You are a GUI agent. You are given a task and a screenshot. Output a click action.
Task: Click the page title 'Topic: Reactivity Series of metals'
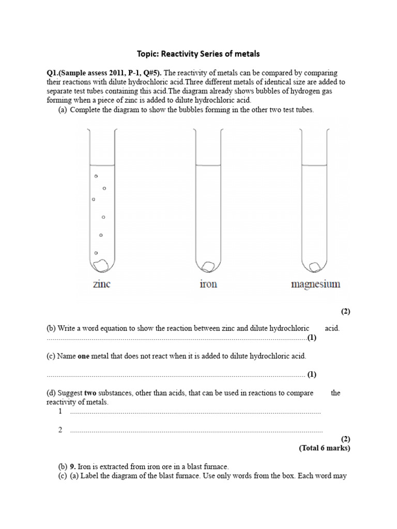coord(198,53)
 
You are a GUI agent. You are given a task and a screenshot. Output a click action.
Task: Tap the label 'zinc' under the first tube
coord(101,284)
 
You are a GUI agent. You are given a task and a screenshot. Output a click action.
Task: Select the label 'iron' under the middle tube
coord(208,284)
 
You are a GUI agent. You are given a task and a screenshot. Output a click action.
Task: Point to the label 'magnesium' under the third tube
coord(315,284)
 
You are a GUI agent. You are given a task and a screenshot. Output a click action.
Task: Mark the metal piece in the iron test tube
coord(208,266)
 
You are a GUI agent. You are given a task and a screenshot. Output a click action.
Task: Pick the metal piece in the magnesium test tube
coord(314,267)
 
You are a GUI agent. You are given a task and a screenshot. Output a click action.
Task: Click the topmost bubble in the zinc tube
coord(96,176)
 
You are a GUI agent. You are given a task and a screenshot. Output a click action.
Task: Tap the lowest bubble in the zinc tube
coord(96,253)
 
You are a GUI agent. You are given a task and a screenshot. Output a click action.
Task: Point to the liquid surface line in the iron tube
coord(208,165)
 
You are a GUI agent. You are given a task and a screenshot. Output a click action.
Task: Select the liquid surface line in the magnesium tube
coord(314,165)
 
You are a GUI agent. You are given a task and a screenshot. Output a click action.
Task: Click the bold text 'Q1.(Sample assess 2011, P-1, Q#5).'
coord(104,73)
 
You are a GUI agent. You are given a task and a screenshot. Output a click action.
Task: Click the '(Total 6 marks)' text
coord(324,448)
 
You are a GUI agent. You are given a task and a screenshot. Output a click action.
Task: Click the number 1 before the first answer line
coord(60,411)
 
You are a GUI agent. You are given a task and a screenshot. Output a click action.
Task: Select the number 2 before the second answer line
coord(60,430)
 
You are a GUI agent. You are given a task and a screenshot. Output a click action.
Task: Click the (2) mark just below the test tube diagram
coord(345,311)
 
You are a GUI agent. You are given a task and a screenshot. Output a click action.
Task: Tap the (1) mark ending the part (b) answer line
coord(312,338)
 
